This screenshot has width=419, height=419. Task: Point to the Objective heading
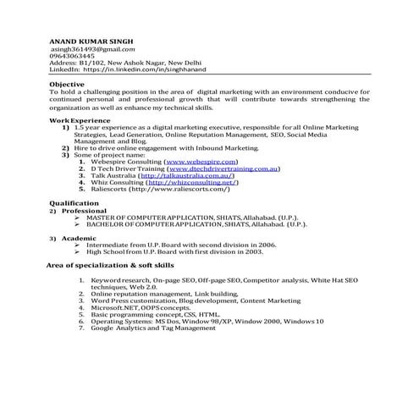tap(67, 85)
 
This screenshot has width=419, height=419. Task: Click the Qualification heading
tap(74, 203)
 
